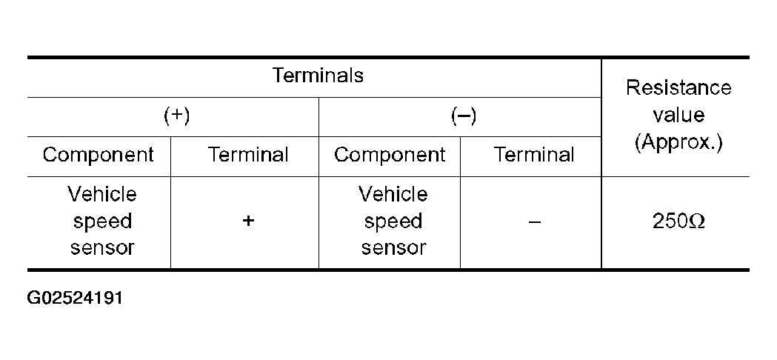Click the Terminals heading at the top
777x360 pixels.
point(319,76)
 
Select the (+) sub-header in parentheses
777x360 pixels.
point(177,116)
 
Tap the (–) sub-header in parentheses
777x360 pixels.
point(464,116)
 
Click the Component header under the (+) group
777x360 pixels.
point(98,155)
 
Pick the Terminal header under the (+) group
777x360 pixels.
point(248,154)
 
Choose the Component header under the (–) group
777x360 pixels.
point(390,155)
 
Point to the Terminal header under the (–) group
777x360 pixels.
point(534,154)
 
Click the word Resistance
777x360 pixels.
point(678,87)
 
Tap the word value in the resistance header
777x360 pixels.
point(678,115)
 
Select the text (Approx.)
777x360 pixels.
point(678,143)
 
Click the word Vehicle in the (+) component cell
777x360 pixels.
point(101,194)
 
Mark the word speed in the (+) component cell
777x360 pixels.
point(102,221)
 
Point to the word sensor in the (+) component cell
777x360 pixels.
point(102,247)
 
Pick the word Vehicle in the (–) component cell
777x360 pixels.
point(393,194)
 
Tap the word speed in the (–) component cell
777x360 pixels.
point(393,221)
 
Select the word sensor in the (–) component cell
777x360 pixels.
point(393,247)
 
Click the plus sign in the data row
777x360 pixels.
point(248,221)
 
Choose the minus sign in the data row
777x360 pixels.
point(534,221)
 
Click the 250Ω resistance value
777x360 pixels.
point(678,221)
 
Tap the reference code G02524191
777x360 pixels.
point(75,298)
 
